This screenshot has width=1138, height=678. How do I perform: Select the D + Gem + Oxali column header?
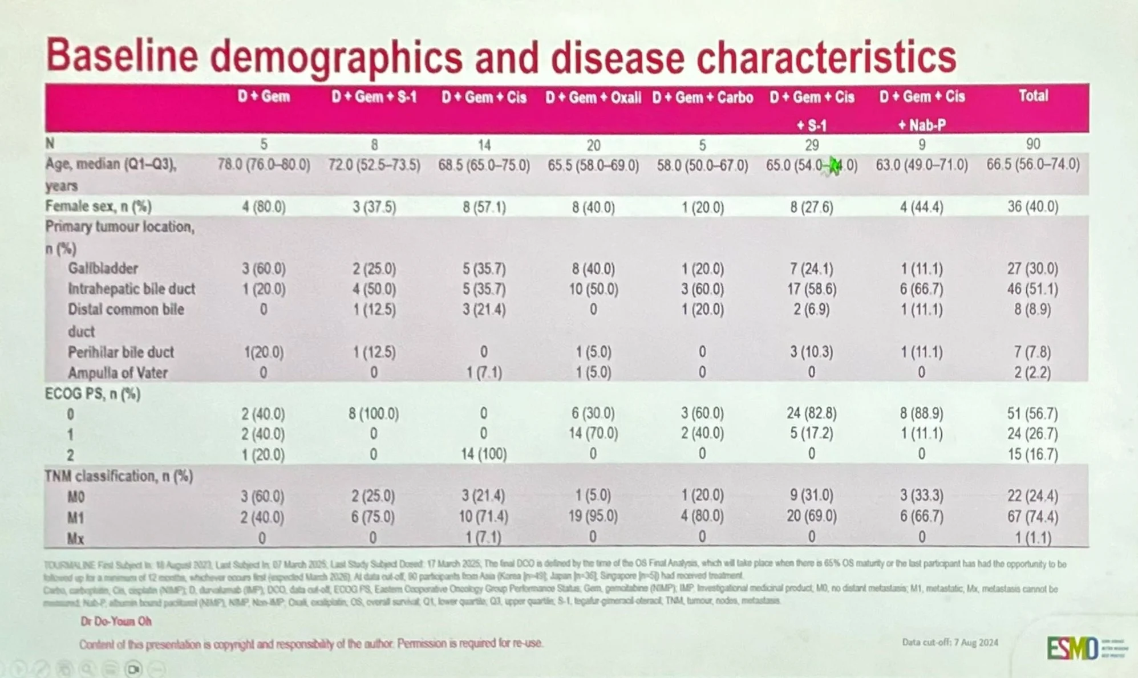click(x=593, y=98)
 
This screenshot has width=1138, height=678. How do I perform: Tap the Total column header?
click(x=1033, y=96)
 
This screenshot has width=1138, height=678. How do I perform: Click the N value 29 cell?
click(x=811, y=145)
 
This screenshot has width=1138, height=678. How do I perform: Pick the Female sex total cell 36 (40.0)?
click(x=1032, y=206)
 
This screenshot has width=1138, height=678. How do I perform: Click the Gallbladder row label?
click(x=103, y=268)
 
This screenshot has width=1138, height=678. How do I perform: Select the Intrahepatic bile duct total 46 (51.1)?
click(x=1032, y=289)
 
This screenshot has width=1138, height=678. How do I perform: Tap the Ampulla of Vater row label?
click(x=118, y=373)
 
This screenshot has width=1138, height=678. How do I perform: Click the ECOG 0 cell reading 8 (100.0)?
click(x=374, y=413)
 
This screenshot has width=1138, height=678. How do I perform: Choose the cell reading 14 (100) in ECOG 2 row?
click(x=483, y=454)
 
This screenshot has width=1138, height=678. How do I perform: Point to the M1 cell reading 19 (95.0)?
click(x=593, y=517)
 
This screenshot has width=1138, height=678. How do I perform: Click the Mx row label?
click(x=75, y=538)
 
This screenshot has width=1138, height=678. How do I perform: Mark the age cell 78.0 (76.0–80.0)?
click(x=264, y=165)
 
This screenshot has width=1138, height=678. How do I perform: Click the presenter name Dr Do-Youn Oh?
click(x=116, y=621)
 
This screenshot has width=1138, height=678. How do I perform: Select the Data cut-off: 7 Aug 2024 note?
click(x=950, y=642)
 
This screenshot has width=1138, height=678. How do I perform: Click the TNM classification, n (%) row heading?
click(x=119, y=476)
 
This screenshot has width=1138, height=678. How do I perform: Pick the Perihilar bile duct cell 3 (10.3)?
click(x=811, y=352)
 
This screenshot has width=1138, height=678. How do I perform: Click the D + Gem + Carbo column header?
click(x=702, y=98)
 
